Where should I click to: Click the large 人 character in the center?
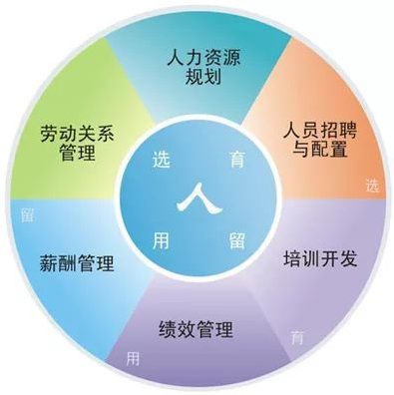click(197, 198)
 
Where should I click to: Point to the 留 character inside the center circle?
click(236, 239)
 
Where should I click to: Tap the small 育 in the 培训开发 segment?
click(296, 336)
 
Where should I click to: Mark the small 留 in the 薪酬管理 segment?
click(27, 211)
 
